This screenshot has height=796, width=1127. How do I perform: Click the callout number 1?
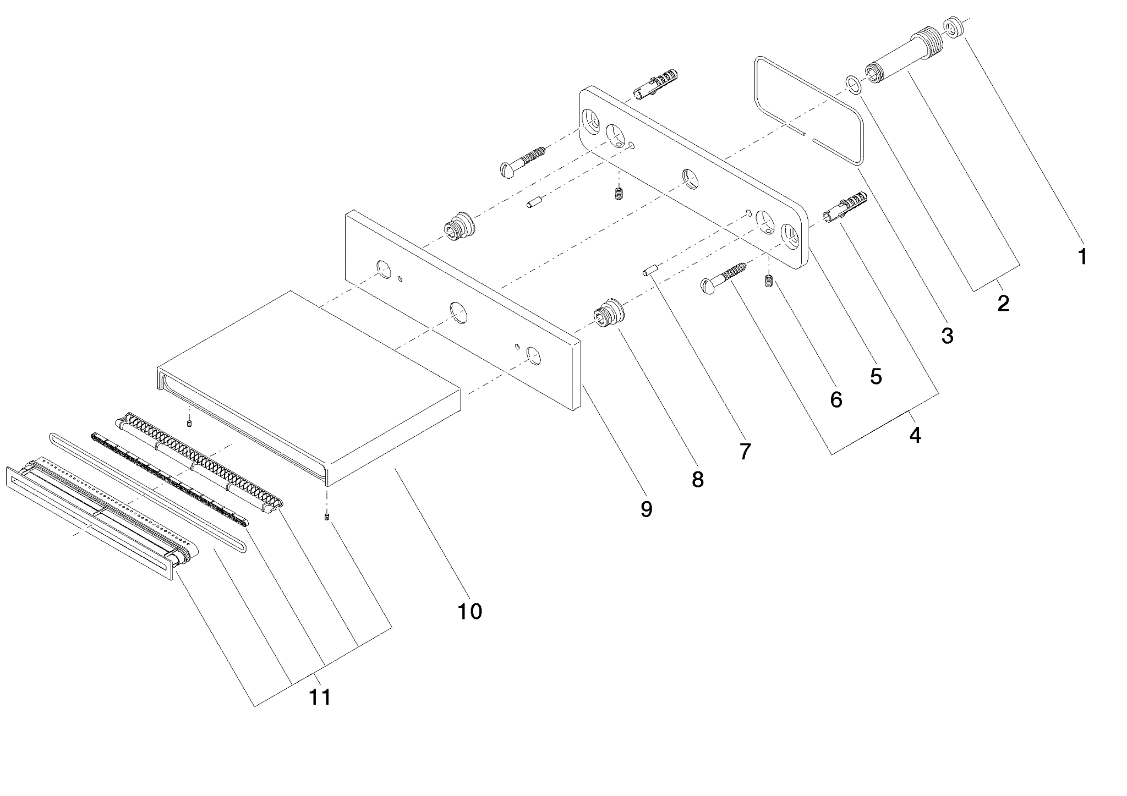point(1082,256)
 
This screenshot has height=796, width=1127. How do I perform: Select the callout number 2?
point(1003,303)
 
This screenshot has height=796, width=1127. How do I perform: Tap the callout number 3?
point(947,336)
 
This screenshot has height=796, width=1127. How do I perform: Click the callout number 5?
point(876,377)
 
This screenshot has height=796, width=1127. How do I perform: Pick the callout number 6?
point(835,400)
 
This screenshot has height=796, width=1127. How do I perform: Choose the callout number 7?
point(745,452)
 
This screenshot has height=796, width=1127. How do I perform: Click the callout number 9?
point(647,509)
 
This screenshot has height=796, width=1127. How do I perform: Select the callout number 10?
point(470,611)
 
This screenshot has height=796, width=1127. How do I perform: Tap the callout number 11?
point(320,698)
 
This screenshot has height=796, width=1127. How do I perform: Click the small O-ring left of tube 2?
point(854,84)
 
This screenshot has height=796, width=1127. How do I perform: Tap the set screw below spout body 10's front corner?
point(327,517)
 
